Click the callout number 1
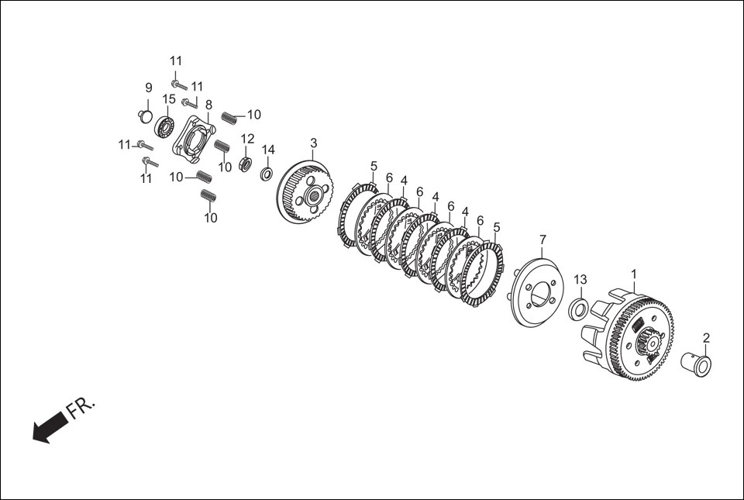tap(634, 274)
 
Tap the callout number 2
tap(706, 338)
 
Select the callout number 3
tap(313, 143)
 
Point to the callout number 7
tap(542, 240)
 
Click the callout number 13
tap(580, 280)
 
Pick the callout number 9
tap(148, 88)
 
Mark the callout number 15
tap(169, 99)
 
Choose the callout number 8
tap(208, 104)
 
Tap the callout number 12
tap(247, 139)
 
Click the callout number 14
tap(268, 150)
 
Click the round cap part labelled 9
tap(144, 116)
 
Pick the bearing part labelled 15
tap(164, 126)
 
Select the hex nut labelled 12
tap(246, 164)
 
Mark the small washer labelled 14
tap(266, 173)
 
